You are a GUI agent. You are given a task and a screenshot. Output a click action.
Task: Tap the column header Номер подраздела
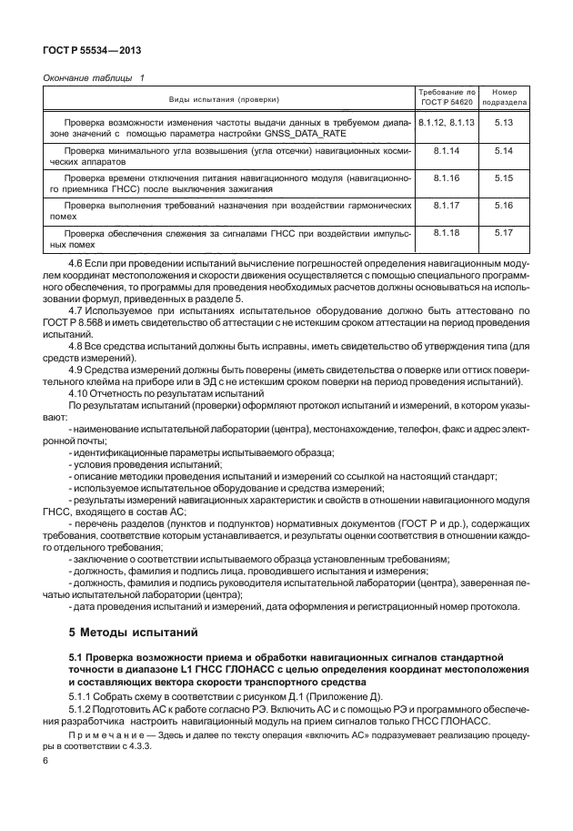[x=504, y=98]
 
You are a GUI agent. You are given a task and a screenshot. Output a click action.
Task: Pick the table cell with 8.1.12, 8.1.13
[x=446, y=121]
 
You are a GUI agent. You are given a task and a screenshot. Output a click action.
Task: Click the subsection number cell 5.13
[x=504, y=121]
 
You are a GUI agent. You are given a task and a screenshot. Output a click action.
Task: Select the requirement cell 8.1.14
[x=446, y=150]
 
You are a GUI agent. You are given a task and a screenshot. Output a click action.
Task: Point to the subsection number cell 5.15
[x=504, y=178]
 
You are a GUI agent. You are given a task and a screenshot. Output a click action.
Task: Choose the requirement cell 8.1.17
[x=446, y=208]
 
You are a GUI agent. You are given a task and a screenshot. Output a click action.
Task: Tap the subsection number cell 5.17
[x=504, y=236]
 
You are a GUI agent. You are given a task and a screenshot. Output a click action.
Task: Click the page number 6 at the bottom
[x=45, y=758]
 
